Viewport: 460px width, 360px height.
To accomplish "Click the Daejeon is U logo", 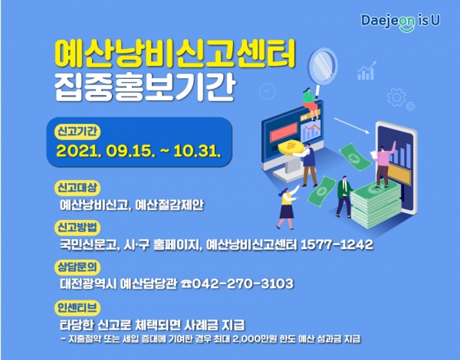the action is pos(400,21).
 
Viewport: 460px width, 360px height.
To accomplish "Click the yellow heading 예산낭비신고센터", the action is pos(175,54).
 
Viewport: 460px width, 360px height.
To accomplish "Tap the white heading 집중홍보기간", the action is pos(145,87).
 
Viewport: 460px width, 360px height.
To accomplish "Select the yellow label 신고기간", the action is pos(77,132).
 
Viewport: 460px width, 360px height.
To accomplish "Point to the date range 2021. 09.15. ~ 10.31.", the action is pos(138,151).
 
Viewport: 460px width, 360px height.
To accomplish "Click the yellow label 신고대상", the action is pos(77,188).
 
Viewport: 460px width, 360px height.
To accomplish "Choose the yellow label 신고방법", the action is pos(77,227).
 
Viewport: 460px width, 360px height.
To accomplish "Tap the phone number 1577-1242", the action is pos(337,244).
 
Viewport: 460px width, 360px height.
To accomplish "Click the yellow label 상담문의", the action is pos(77,267).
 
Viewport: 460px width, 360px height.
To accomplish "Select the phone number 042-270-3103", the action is pos(242,283).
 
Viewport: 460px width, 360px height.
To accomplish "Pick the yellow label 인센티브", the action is pos(77,308).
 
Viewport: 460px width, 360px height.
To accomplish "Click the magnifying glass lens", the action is pos(323,66).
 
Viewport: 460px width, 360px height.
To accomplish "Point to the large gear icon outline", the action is pos(396,97).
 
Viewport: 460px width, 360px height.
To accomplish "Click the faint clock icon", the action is pos(268,91).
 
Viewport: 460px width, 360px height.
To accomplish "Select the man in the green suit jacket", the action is pos(343,196).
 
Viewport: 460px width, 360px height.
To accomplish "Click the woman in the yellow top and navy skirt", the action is pos(287,206).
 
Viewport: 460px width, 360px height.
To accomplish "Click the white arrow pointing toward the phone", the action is pos(352,126).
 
